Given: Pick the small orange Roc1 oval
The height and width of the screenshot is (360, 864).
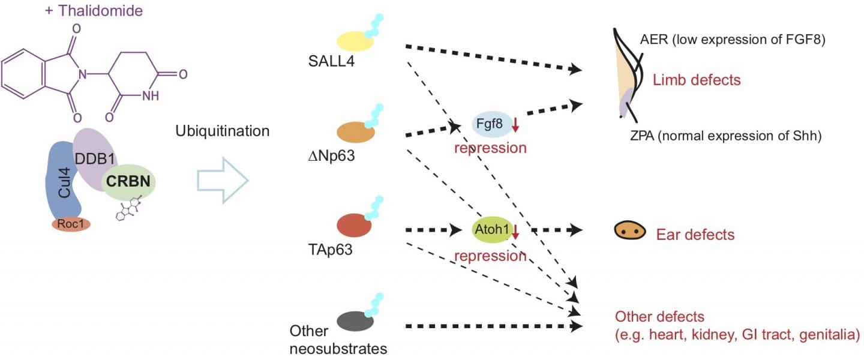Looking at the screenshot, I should pos(71,224).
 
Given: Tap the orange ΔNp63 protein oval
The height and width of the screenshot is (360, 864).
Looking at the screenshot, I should pos(356,132).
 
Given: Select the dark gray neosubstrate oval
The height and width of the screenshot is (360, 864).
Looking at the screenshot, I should pos(356,320).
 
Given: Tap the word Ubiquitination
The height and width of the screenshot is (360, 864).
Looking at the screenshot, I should pos(222,131).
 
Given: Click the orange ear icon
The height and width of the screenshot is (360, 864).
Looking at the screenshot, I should pos(629,232).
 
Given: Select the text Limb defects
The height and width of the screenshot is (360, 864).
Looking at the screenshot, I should pos(697,80).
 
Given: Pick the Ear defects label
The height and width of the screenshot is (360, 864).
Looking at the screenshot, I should pos(695,234).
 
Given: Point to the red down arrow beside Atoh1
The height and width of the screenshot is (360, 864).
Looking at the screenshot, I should pos(514,231).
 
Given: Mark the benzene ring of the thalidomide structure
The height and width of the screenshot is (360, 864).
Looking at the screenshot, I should pos(27,75).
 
